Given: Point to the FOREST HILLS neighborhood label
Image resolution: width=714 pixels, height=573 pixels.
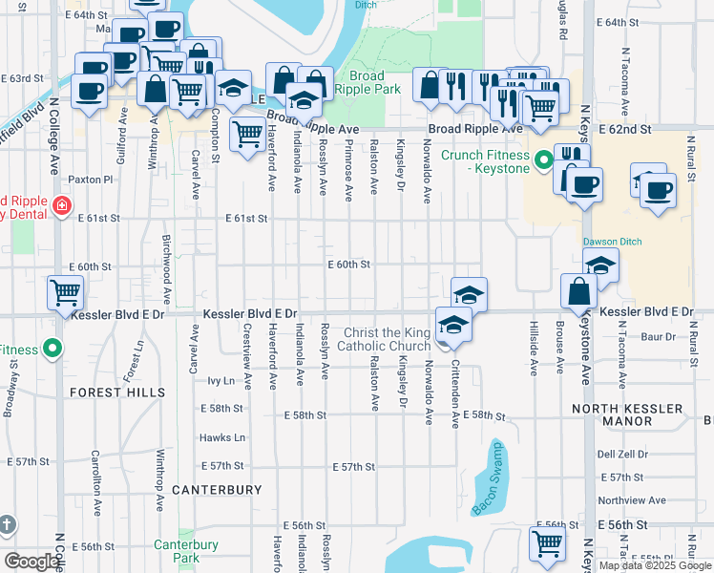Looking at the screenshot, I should pos(117,393).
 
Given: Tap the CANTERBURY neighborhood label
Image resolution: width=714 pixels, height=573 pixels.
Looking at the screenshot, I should pos(217,490).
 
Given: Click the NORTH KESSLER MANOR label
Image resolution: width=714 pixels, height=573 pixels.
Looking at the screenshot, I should pos(640,415).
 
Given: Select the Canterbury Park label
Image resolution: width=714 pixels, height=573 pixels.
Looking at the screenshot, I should pos(186,551).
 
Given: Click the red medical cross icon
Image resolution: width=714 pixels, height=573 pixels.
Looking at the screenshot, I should pos(61,205).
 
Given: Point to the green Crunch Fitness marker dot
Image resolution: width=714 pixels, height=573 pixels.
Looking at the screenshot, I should pos(543,159).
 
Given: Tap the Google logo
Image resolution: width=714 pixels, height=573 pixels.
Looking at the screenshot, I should pos(32,562).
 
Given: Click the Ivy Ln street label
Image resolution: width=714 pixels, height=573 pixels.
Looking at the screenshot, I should pos(220,380).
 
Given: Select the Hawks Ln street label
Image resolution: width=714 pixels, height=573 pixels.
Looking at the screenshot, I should pos(222,438).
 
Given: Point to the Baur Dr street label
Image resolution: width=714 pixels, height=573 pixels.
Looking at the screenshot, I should pos(658,336).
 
